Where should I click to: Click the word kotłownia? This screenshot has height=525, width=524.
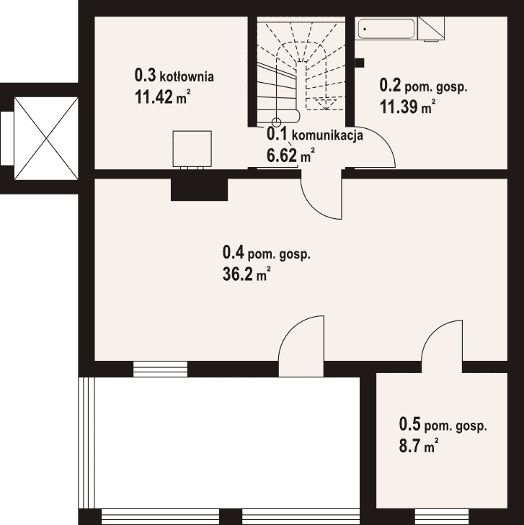tap(187, 76)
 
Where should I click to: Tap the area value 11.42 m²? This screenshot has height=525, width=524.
tap(163, 97)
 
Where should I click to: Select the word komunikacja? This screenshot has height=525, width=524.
tap(328, 135)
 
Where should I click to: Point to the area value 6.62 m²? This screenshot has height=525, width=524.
tap(290, 155)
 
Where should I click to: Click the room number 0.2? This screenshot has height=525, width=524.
tap(390, 85)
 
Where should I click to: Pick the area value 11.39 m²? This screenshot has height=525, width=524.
tap(407, 107)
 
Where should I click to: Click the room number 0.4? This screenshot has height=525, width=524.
tap(234, 252)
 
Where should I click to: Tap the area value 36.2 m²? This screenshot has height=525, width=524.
tap(247, 274)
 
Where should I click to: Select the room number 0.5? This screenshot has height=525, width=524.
tap(409, 424)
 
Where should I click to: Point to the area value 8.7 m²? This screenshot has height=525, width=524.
tap(419, 446)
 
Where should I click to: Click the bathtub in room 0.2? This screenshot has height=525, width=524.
tap(386, 29)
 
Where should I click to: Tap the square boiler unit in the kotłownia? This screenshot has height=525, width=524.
tap(192, 149)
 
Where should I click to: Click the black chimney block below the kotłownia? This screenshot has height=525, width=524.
tap(199, 189)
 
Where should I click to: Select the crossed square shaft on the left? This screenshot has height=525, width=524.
tap(46, 138)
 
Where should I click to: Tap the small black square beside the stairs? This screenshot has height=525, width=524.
tap(360, 63)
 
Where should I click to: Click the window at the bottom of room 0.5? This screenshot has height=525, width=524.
tap(442, 517)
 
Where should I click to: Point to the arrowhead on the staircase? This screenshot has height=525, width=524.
tap(325, 105)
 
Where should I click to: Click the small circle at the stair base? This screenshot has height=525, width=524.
tap(276, 122)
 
